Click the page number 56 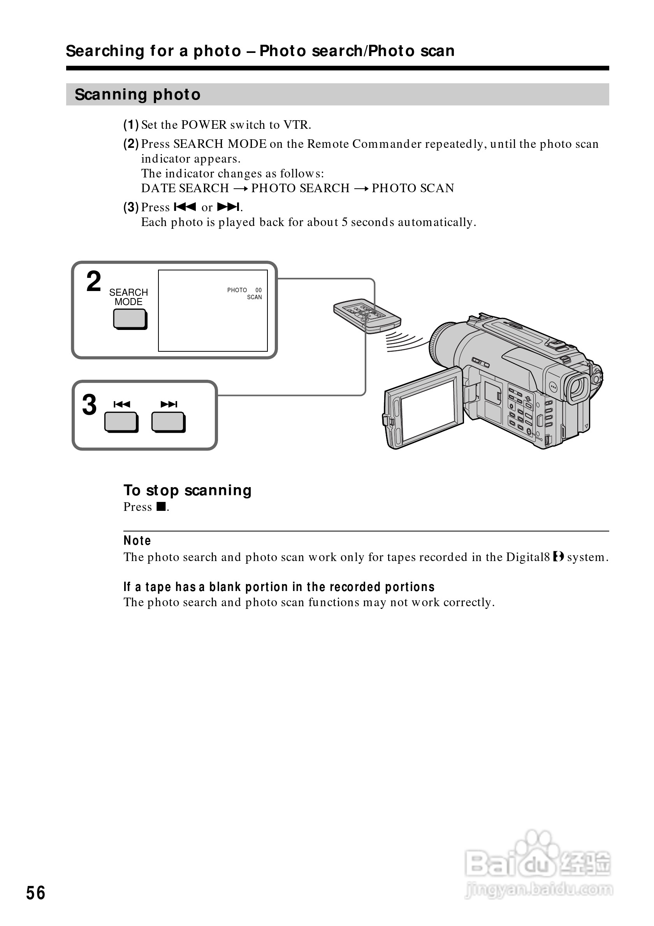pyautogui.click(x=35, y=893)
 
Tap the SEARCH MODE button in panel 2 pyautogui.click(x=130, y=319)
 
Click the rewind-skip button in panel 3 pyautogui.click(x=121, y=422)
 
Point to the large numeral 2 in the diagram pyautogui.click(x=93, y=282)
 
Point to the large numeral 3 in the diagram pyautogui.click(x=89, y=405)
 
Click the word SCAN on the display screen pyautogui.click(x=254, y=297)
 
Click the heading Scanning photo pyautogui.click(x=137, y=95)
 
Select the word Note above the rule pyautogui.click(x=137, y=540)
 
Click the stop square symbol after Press pyautogui.click(x=161, y=507)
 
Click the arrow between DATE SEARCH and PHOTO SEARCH pyautogui.click(x=240, y=189)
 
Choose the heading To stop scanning pyautogui.click(x=187, y=490)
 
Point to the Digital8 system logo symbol pyautogui.click(x=558, y=557)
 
